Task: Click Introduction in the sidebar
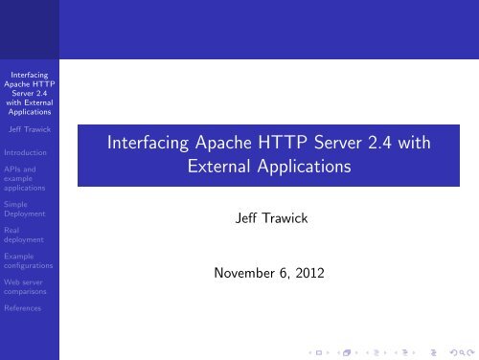coord(29,150)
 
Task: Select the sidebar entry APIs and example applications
coord(29,180)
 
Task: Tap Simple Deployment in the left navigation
coord(29,211)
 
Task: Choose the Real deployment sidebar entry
coord(29,236)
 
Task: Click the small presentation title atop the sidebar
coord(29,91)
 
